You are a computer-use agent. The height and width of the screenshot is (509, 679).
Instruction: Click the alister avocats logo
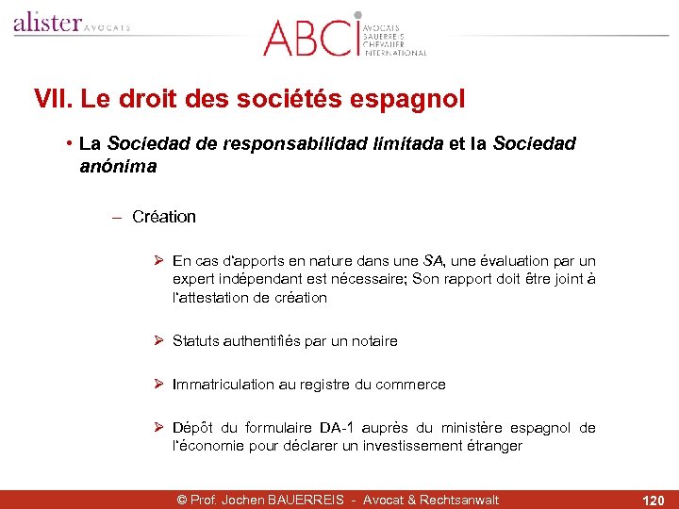pos(71,24)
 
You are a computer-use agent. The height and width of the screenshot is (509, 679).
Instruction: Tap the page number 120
pos(653,500)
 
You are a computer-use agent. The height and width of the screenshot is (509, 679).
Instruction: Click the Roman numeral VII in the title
pos(53,98)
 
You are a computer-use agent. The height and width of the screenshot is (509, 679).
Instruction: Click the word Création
pos(164,217)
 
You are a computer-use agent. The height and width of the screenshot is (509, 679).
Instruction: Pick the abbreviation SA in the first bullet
pos(433,261)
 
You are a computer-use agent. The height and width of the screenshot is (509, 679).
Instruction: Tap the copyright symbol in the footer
pos(183,500)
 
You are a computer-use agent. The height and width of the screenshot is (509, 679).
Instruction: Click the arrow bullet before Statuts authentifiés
pos(159,341)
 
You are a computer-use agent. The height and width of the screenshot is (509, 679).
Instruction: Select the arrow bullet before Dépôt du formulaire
pos(159,428)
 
